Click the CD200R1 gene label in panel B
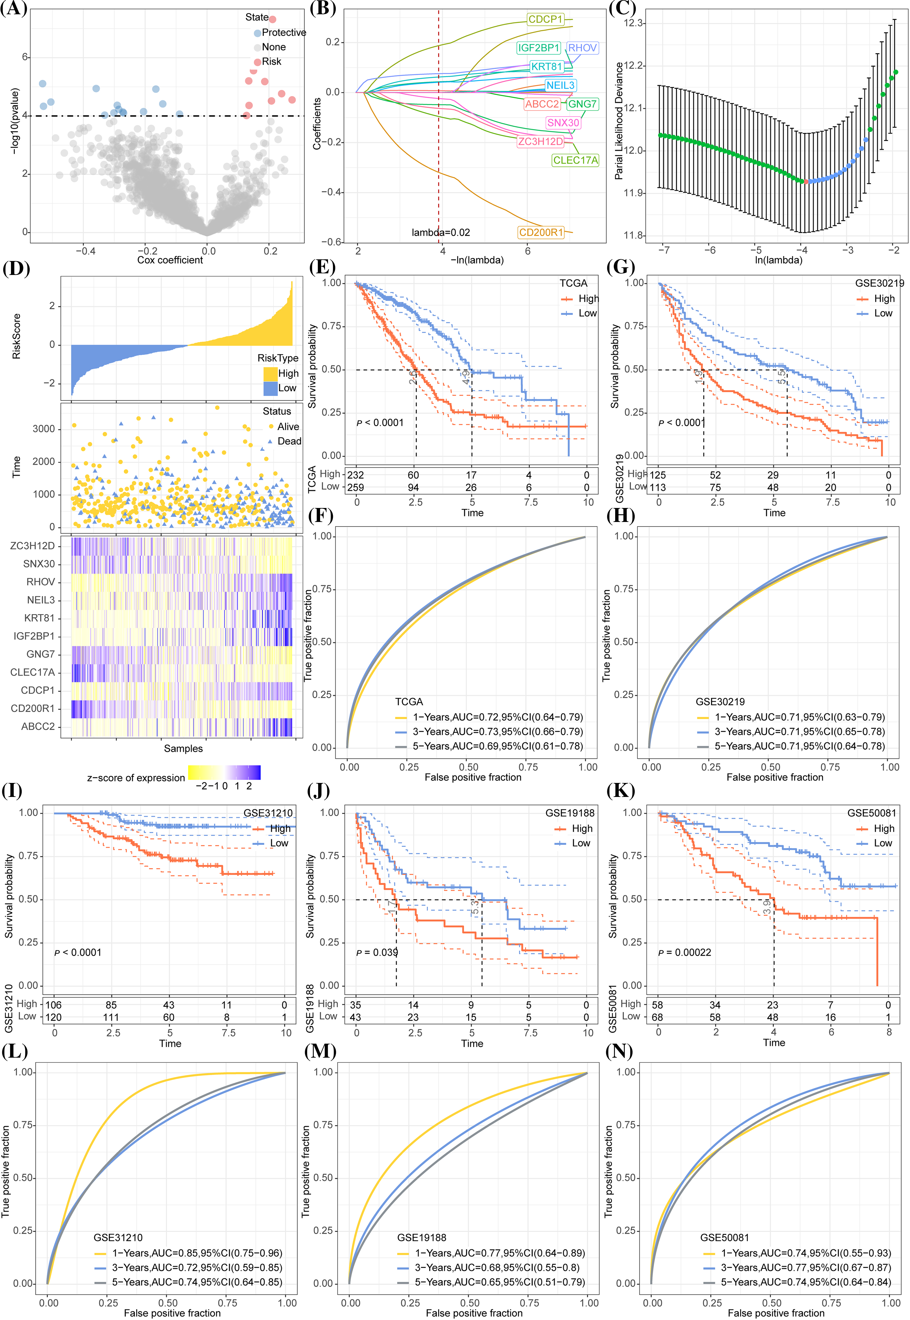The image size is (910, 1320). (x=541, y=232)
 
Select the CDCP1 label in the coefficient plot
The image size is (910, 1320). (x=545, y=19)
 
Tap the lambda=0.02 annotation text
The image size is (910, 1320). (x=441, y=232)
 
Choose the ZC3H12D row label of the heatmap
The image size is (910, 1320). (x=32, y=546)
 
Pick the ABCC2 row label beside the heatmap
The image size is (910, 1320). (x=38, y=726)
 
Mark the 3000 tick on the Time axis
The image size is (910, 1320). (x=44, y=429)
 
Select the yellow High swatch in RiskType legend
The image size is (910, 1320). (x=270, y=374)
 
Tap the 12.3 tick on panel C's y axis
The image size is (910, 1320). (x=634, y=23)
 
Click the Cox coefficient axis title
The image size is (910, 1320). (x=170, y=260)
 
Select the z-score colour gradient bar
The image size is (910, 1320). (x=224, y=772)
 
